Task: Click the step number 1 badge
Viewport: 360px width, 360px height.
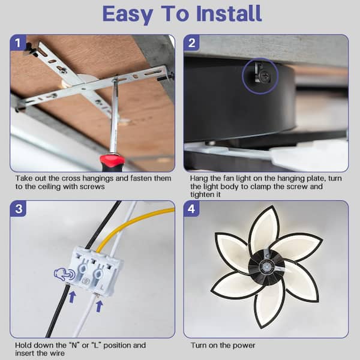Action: coord(18,43)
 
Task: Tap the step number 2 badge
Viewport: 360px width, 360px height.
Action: coord(192,43)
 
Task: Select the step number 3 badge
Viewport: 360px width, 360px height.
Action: coord(19,209)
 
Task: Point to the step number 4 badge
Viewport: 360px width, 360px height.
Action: coord(191,209)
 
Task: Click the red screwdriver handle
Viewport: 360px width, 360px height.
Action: coord(111,163)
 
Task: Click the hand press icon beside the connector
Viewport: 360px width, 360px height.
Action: coord(65,274)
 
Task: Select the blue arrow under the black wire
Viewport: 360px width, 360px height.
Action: coord(73,296)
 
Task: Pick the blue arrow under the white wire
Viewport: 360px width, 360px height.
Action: coord(99,306)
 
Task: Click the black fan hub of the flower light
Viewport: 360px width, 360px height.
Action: coord(266,267)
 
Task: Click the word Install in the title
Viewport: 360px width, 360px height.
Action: coord(229,14)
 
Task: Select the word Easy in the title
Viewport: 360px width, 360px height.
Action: coord(127,14)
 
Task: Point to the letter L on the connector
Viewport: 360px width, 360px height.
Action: coord(103,287)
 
